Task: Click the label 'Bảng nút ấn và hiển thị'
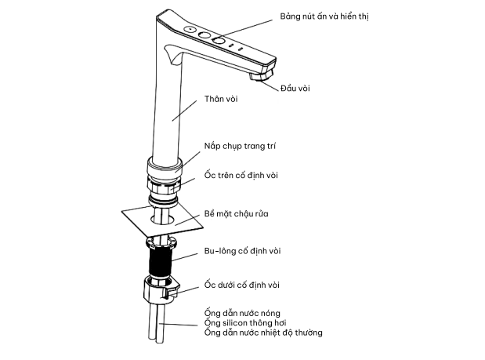pyautogui.click(x=324, y=16)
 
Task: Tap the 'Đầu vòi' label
pyautogui.click(x=295, y=89)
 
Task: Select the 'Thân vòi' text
pyautogui.click(x=221, y=99)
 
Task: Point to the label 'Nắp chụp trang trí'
pyautogui.click(x=240, y=146)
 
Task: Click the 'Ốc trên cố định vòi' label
pyautogui.click(x=241, y=175)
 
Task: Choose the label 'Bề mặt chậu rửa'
pyautogui.click(x=236, y=213)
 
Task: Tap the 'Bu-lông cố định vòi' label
pyautogui.click(x=243, y=251)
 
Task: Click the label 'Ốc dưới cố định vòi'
pyautogui.click(x=241, y=285)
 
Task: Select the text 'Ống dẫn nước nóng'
pyautogui.click(x=242, y=313)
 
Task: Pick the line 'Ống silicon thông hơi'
pyautogui.click(x=245, y=323)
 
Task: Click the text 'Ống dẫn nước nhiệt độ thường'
pyautogui.click(x=263, y=333)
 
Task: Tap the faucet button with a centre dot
pyautogui.click(x=190, y=29)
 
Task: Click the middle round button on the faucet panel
pyautogui.click(x=204, y=35)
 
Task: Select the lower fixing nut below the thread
pyautogui.click(x=160, y=289)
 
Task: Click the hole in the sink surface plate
pyautogui.click(x=162, y=219)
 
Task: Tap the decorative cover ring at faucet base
pyautogui.click(x=165, y=168)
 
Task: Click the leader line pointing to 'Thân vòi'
pyautogui.click(x=184, y=111)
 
